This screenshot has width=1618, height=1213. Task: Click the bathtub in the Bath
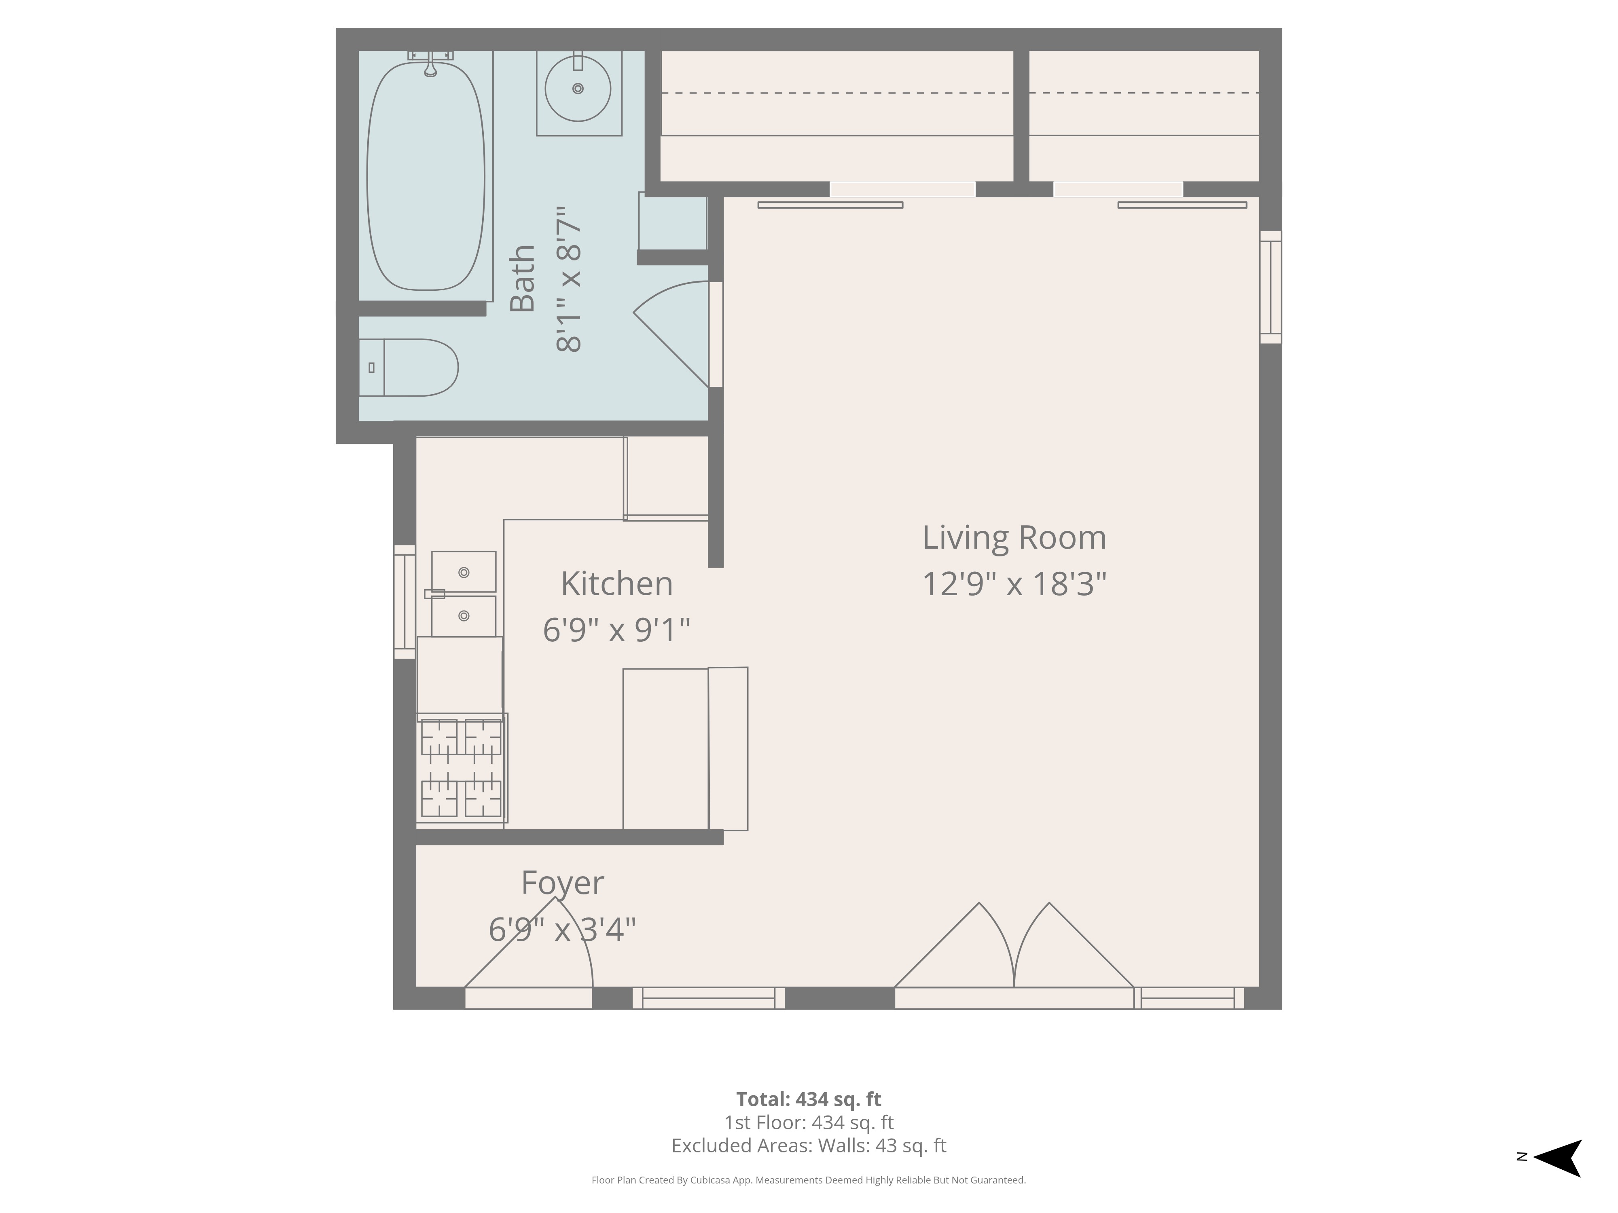coord(426,175)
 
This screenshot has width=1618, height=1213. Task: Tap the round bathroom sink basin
coord(578,89)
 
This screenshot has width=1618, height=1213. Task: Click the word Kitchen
coord(616,583)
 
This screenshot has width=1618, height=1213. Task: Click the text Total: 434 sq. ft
coord(808,1099)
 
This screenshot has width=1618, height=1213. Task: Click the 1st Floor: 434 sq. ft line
coord(808,1122)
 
